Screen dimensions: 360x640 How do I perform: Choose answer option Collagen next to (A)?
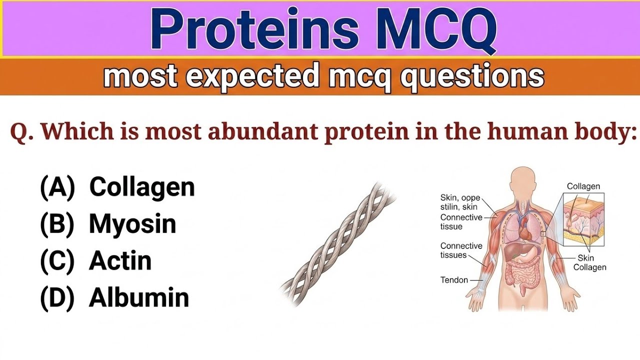(x=142, y=187)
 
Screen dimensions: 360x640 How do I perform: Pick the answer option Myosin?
(x=132, y=224)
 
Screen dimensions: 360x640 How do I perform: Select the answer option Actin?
(x=120, y=261)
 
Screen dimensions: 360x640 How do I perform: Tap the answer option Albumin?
(x=139, y=298)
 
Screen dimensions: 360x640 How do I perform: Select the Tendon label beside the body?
(x=454, y=280)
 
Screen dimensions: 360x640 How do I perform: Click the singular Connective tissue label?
(x=461, y=222)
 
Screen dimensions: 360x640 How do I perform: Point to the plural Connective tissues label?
(x=461, y=250)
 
